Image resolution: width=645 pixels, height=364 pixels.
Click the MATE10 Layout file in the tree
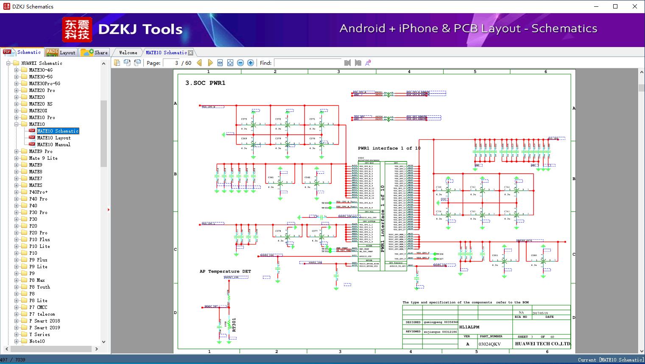click(54, 138)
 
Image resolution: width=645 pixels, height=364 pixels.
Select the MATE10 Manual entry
click(54, 144)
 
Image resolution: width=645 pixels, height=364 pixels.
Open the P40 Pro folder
click(38, 199)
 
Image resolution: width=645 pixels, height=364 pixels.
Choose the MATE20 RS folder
click(41, 104)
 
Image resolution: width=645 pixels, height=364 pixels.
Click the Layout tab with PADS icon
click(61, 53)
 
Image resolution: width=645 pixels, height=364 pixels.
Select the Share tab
click(95, 53)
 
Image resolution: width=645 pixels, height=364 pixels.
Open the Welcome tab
click(128, 53)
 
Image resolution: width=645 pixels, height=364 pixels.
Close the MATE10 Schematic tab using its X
click(191, 53)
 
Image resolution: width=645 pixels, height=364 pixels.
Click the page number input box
click(171, 63)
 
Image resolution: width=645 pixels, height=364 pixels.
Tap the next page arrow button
click(210, 63)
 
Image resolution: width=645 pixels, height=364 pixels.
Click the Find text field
click(307, 63)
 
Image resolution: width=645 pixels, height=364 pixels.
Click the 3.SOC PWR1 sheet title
click(205, 83)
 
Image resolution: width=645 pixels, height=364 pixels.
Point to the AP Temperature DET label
click(225, 271)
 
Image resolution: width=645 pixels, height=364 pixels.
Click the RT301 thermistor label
click(234, 325)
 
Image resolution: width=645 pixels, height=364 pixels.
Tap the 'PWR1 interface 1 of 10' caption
click(389, 148)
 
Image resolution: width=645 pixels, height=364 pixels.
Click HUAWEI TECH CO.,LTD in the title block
click(542, 344)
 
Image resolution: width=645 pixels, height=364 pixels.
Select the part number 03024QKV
click(490, 344)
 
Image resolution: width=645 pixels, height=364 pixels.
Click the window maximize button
click(615, 6)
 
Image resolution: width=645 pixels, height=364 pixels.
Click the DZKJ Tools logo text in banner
click(140, 29)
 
